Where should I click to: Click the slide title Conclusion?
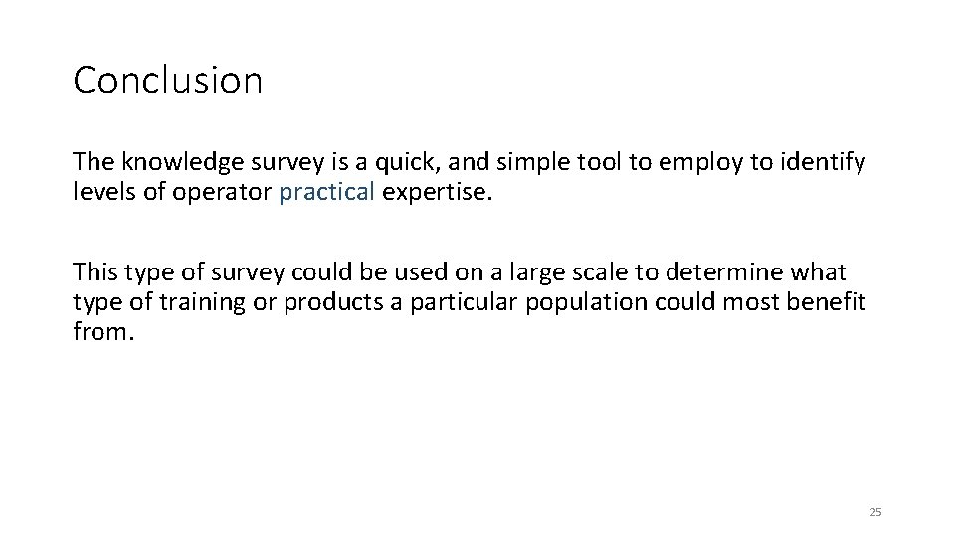167,81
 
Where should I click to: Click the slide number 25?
875,512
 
